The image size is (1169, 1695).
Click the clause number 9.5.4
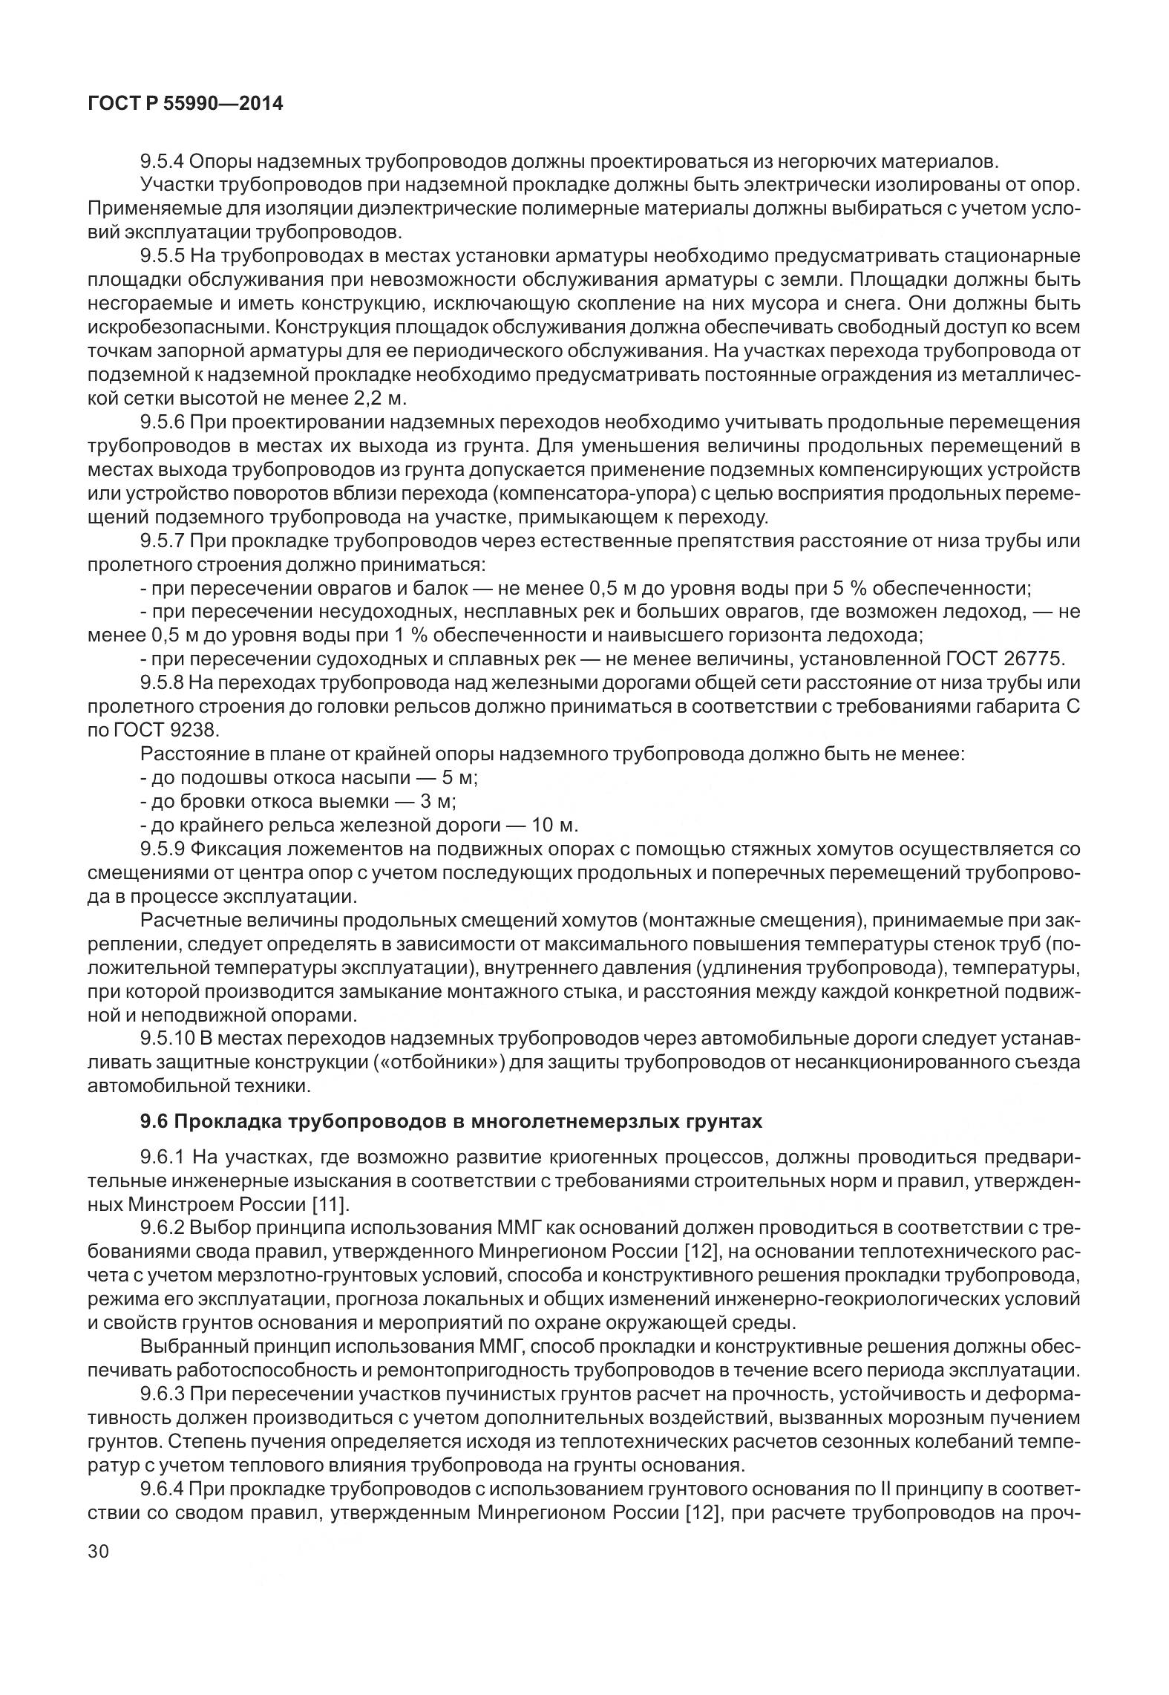(x=163, y=161)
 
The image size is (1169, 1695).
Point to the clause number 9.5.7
(x=163, y=540)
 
